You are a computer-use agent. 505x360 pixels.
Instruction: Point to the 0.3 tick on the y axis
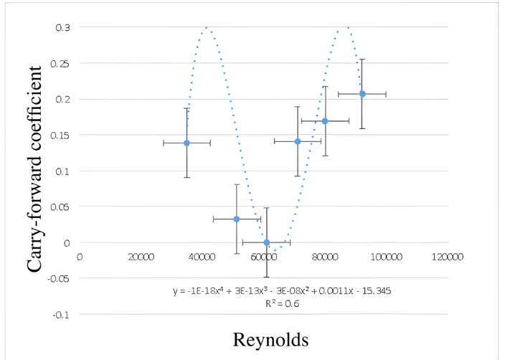coord(64,27)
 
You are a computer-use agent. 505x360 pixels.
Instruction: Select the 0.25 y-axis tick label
coord(62,63)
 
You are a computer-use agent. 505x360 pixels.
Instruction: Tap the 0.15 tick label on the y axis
coord(62,135)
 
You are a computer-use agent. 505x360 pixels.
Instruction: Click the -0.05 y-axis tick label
coord(60,278)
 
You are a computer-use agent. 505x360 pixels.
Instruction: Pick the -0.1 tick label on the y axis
coord(62,314)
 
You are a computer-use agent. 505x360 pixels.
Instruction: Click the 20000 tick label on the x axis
coord(140,256)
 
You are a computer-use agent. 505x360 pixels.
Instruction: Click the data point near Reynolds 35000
coord(187,143)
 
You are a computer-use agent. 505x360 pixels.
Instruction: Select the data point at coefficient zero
coord(266,242)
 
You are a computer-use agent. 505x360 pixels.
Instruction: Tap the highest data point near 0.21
coord(362,94)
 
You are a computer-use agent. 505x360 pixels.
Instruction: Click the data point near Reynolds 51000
coord(237,219)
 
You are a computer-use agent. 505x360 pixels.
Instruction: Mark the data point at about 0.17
coord(325,121)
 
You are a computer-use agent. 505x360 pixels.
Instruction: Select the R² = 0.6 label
coord(282,303)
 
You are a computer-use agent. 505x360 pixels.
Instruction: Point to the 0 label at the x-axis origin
coord(79,256)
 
